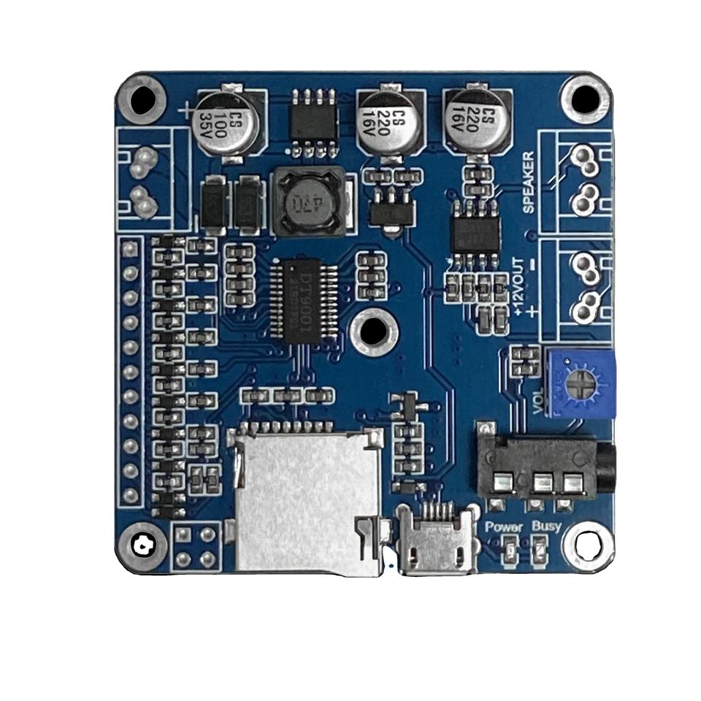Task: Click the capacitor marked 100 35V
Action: [x=226, y=122]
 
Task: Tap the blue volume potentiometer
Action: [x=581, y=383]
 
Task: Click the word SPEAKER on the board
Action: [x=529, y=182]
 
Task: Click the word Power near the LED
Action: [x=504, y=526]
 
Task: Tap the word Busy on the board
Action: [x=546, y=526]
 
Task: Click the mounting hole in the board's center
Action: [x=373, y=332]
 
